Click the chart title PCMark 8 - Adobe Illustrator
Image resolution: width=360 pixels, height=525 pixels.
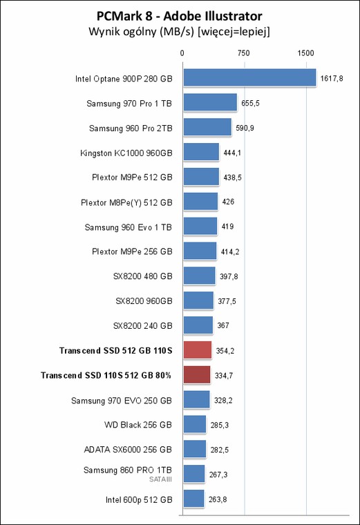(x=179, y=16)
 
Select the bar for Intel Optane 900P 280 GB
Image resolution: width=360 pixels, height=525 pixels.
(x=249, y=77)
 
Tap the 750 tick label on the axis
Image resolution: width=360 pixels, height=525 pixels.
(x=243, y=53)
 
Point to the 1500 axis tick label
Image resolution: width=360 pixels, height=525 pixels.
(x=305, y=53)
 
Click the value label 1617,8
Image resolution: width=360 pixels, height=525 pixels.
(x=332, y=78)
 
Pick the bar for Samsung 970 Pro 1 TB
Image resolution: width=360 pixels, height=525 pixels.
(x=210, y=102)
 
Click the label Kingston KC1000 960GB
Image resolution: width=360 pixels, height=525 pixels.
(x=126, y=153)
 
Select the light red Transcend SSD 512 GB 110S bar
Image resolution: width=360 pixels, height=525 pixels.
(x=198, y=350)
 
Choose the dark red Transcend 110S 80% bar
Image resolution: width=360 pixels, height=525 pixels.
(x=197, y=374)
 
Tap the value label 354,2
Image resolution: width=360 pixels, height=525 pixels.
(x=225, y=351)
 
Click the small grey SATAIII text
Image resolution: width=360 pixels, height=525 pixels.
(x=160, y=479)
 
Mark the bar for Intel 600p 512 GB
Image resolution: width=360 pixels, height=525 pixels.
(x=193, y=499)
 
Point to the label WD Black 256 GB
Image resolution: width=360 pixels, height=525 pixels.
(x=138, y=425)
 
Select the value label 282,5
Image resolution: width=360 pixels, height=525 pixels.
(x=219, y=450)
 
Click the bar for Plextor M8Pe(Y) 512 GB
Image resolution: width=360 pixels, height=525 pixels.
(x=200, y=201)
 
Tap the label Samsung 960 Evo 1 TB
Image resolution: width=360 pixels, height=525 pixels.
(x=129, y=227)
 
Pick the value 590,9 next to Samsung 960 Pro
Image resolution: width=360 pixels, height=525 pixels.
(x=245, y=128)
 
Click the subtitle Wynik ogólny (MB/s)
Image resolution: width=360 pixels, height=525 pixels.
(x=142, y=32)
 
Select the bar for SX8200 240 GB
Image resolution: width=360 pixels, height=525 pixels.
(x=198, y=325)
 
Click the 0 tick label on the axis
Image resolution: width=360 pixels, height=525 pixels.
(x=182, y=53)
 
